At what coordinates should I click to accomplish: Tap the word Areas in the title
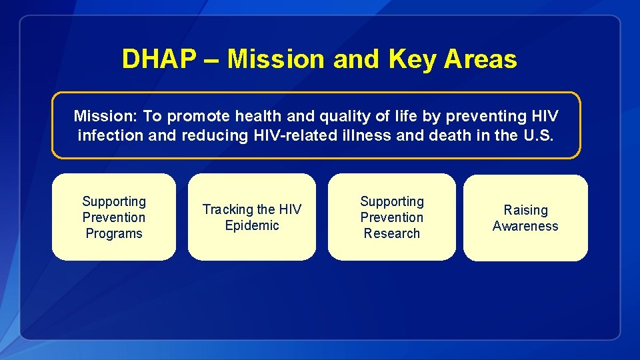point(480,59)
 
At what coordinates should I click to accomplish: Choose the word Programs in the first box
point(114,233)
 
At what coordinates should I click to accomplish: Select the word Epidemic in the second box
point(252,225)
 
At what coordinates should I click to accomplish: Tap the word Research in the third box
point(392,233)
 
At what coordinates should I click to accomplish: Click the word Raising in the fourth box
point(525,210)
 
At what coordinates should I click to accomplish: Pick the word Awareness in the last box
point(525,226)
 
